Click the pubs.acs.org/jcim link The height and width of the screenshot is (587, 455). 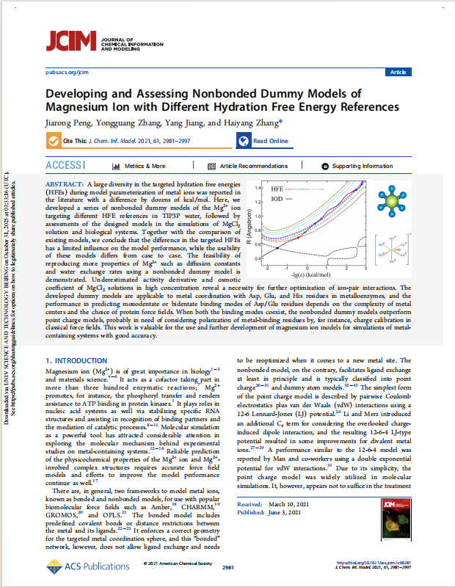[67, 73]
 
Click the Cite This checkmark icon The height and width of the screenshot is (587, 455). [54, 140]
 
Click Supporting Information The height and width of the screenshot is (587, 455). [357, 167]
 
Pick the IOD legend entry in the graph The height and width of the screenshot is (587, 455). [280, 198]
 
